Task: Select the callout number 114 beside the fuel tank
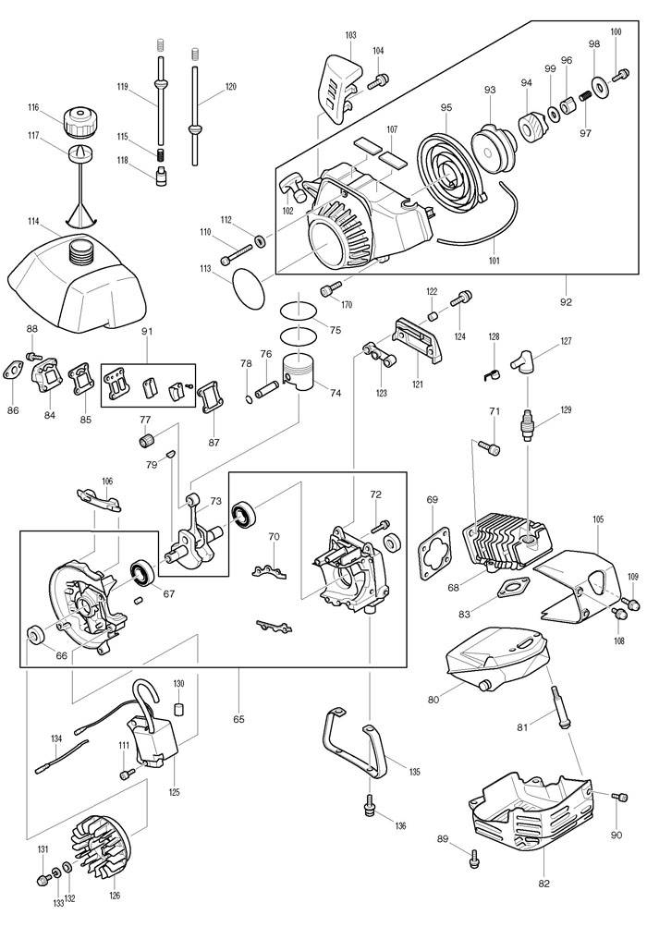pyautogui.click(x=33, y=221)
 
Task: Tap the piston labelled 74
pyautogui.click(x=301, y=372)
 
